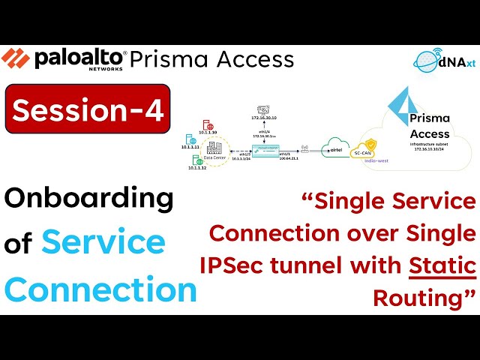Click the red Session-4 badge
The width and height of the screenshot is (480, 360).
pyautogui.click(x=87, y=111)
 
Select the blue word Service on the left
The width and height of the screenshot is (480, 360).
pyautogui.click(x=103, y=242)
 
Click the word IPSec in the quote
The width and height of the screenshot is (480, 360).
pyautogui.click(x=232, y=265)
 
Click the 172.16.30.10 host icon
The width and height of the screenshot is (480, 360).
pyautogui.click(x=264, y=110)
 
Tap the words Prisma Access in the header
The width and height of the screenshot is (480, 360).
pyautogui.click(x=211, y=59)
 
